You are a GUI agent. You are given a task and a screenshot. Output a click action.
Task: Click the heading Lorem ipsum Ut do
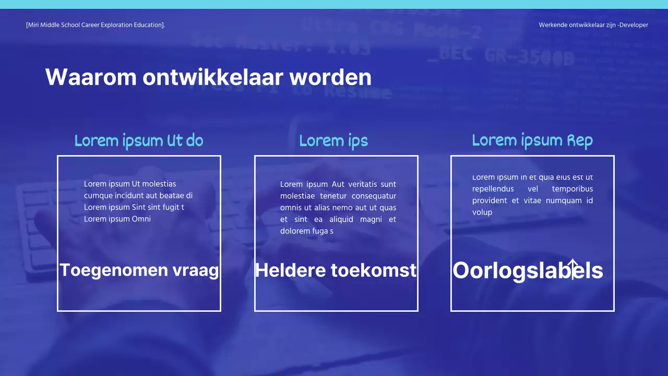(x=139, y=140)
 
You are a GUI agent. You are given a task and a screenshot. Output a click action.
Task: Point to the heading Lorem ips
(x=333, y=140)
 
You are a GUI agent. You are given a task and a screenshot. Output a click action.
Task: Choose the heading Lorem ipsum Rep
(x=532, y=140)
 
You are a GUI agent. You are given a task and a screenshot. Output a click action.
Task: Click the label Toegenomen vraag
(x=139, y=270)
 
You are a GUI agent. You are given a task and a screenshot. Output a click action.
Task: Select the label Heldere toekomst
(x=336, y=270)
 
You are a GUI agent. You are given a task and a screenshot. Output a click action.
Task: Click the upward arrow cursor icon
(x=572, y=268)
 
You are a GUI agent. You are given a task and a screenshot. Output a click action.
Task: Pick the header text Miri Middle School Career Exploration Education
(x=96, y=25)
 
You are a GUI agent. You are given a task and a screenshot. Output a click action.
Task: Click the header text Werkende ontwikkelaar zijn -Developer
(x=593, y=25)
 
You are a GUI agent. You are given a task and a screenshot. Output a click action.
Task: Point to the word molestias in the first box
(x=159, y=184)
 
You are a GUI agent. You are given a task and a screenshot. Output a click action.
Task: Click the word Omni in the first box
(x=141, y=219)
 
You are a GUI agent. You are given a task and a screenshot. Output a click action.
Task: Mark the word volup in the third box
(x=482, y=212)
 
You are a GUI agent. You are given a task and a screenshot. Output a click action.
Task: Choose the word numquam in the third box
(x=563, y=201)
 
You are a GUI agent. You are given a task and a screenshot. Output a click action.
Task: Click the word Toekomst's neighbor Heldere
(x=290, y=270)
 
